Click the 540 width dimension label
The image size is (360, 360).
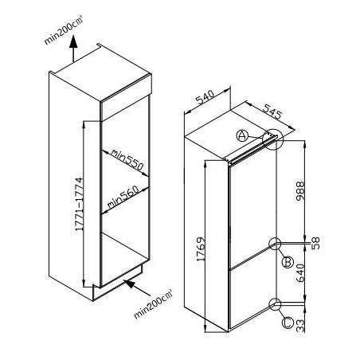205,97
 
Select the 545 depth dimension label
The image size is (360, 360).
272,112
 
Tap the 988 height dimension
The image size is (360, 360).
300,191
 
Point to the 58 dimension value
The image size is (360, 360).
315,243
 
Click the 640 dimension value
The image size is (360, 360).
300,273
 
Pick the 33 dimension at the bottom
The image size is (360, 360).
300,326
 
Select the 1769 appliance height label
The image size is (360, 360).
201,249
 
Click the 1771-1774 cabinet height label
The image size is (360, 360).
80,204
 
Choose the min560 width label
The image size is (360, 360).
123,197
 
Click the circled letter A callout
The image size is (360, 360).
242,135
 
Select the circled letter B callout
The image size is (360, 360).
288,262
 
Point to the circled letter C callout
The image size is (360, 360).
288,323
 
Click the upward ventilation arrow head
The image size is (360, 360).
73,41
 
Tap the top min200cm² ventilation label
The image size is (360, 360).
64,30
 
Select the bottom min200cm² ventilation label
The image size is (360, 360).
153,303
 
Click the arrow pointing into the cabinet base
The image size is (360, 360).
137,288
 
